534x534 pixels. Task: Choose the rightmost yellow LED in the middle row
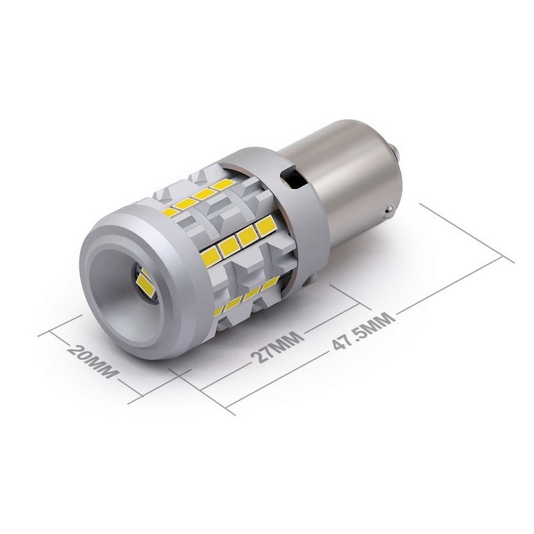(x=266, y=226)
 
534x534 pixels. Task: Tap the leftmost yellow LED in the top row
(x=171, y=212)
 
